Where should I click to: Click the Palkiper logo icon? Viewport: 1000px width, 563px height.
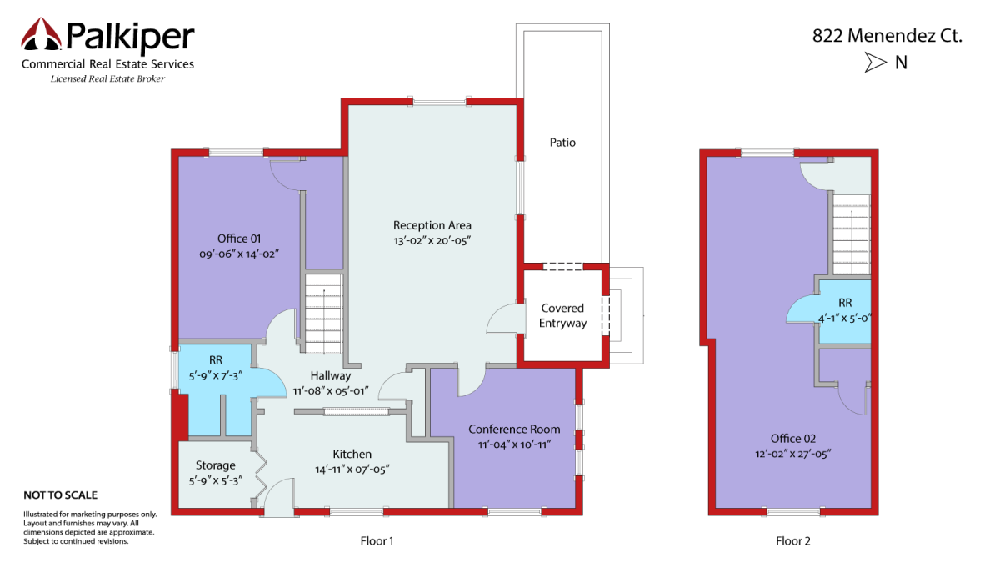tap(41, 34)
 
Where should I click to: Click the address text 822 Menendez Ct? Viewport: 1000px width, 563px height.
tap(887, 36)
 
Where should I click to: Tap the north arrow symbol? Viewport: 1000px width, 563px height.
tap(876, 62)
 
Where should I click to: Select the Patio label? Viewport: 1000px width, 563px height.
tap(562, 143)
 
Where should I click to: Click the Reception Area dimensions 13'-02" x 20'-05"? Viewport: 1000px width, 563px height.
tap(432, 240)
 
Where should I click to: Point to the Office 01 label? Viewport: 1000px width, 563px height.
tap(239, 239)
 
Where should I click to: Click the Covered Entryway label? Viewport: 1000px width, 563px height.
tap(562, 315)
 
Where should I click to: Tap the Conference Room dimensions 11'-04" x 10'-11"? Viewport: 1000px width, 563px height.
tap(514, 445)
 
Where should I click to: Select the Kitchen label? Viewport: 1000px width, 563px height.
tap(352, 454)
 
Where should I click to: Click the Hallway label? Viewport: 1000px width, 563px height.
tap(330, 376)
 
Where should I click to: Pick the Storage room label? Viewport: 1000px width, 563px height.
tap(216, 465)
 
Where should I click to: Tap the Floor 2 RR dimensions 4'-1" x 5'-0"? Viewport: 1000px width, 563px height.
tap(844, 319)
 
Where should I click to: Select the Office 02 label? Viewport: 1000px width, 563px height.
tap(792, 439)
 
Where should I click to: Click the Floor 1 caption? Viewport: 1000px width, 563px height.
tap(377, 541)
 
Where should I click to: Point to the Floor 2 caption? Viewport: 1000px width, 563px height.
tap(792, 541)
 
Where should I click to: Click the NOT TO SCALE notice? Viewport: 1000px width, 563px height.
tap(60, 495)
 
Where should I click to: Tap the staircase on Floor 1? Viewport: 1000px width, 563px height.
tap(323, 314)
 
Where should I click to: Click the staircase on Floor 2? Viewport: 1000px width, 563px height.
tap(852, 234)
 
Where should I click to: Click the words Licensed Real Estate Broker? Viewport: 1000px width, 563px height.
tap(107, 78)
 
